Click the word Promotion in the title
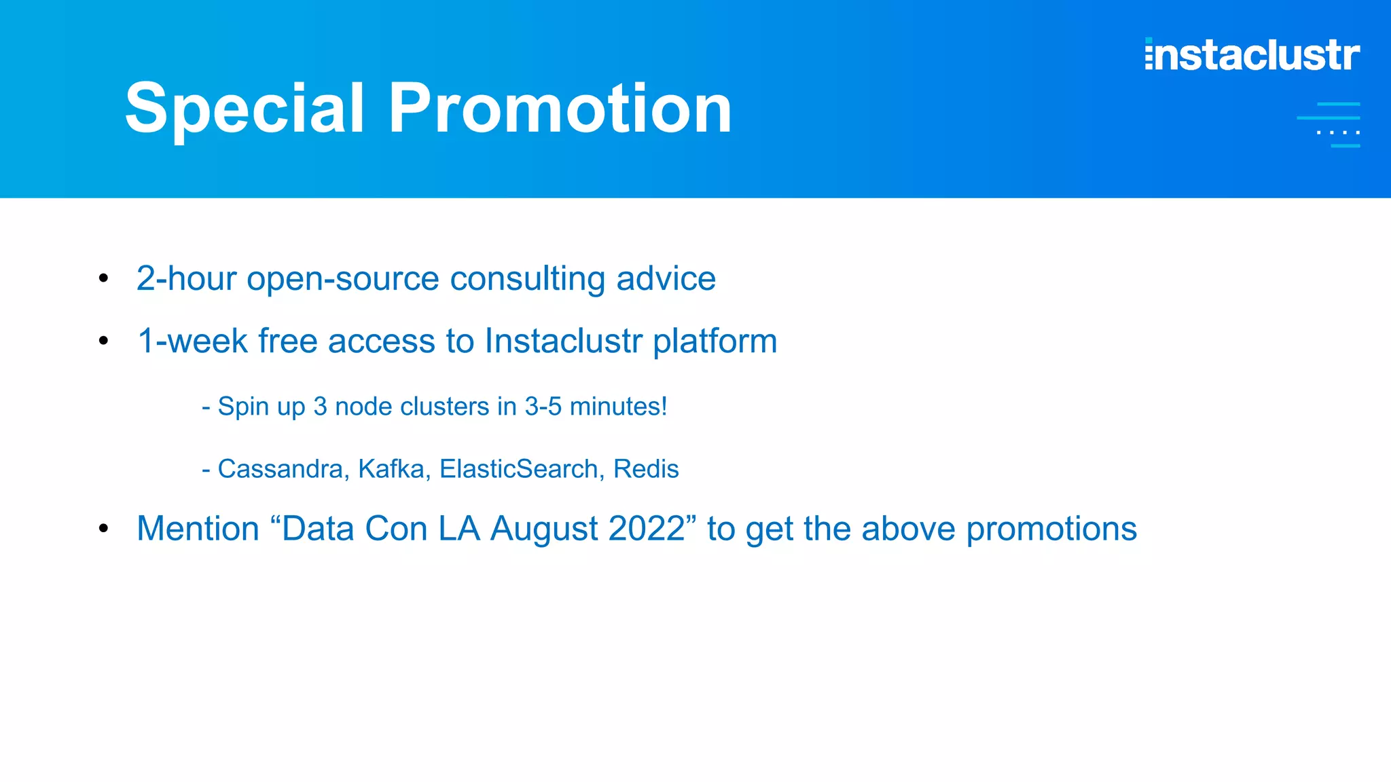click(x=560, y=109)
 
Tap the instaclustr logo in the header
click(x=1252, y=55)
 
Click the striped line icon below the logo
click(x=1330, y=125)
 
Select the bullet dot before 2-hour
click(x=103, y=278)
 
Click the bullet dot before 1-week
click(x=103, y=340)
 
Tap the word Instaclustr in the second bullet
click(x=563, y=341)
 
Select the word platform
click(x=715, y=341)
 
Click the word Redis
click(x=646, y=469)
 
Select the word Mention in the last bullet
click(x=198, y=529)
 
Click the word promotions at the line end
click(x=1051, y=529)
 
